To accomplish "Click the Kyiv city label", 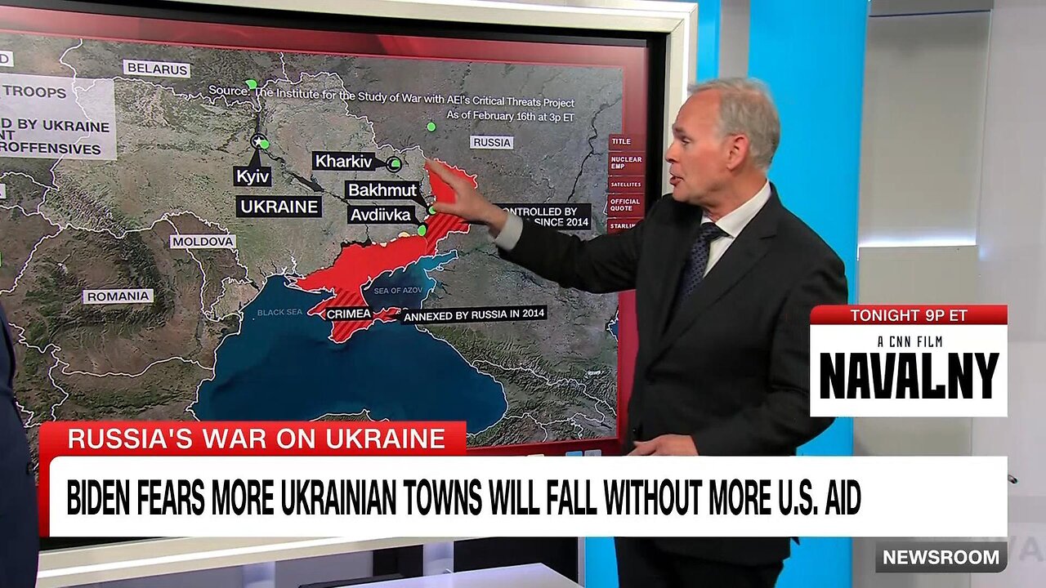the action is (252, 176).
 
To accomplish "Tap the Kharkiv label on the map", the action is (343, 161).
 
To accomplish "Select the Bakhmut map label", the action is (381, 190).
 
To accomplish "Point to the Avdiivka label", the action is (381, 215).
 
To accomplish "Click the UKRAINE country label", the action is (279, 207).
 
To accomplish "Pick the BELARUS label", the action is (156, 69).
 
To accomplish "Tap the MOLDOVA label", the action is (203, 241).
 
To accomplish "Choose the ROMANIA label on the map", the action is (118, 296).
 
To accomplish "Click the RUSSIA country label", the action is (491, 142).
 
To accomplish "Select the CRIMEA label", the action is (349, 314).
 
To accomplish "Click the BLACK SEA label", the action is (280, 312).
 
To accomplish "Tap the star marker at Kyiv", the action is (258, 141).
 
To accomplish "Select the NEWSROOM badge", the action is (941, 557).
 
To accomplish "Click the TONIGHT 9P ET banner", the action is (907, 315).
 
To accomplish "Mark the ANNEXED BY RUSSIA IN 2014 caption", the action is (473, 313).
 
